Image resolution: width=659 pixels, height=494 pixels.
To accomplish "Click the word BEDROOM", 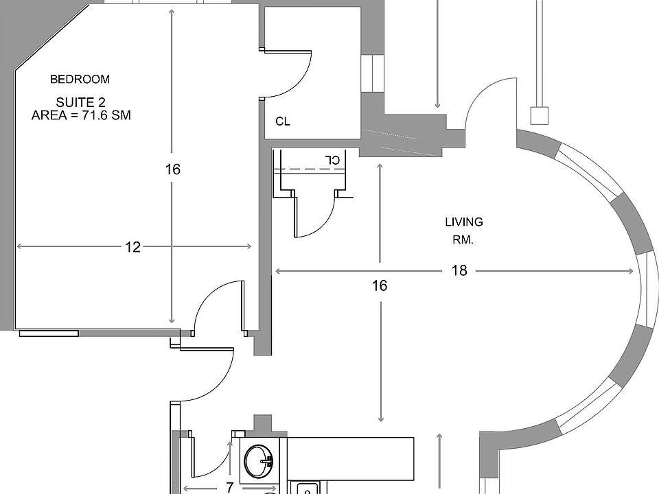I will (x=80, y=79).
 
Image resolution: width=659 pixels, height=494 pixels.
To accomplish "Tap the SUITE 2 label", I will (x=80, y=102).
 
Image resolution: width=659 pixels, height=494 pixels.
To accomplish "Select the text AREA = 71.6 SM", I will (x=81, y=116).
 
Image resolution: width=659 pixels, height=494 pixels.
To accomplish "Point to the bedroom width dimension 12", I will (x=132, y=247).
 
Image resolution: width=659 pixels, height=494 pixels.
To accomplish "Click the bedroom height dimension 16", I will (x=172, y=169).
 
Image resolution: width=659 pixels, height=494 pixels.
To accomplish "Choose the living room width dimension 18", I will (x=459, y=271).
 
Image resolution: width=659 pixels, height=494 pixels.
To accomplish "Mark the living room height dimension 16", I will (x=380, y=285).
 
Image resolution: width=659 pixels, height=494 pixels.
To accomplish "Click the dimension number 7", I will (x=230, y=488).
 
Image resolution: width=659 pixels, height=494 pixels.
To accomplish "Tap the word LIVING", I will (x=464, y=222).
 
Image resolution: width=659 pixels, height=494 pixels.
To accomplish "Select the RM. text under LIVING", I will (x=464, y=240).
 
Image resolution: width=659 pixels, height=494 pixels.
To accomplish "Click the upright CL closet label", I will (x=283, y=121).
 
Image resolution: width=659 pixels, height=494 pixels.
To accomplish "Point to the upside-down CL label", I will (x=333, y=160).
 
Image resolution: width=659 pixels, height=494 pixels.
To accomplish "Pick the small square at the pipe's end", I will (x=540, y=115).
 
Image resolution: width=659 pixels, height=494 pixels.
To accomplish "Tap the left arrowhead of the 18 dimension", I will (x=277, y=272).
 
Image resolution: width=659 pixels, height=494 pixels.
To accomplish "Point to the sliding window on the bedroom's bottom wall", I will (x=48, y=333).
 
